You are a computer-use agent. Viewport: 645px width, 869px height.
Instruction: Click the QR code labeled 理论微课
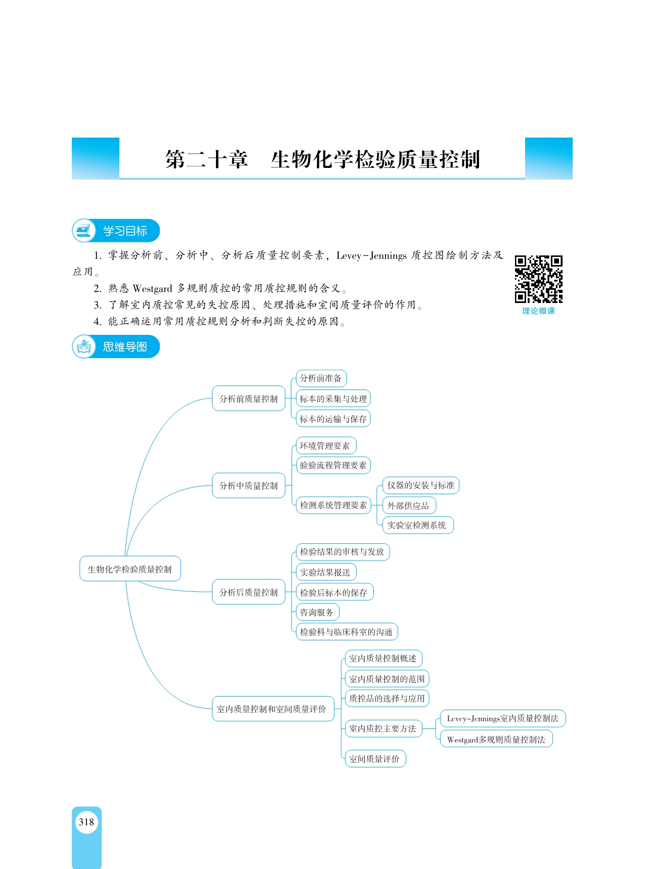click(538, 279)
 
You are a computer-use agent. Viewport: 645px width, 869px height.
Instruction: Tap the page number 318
click(87, 822)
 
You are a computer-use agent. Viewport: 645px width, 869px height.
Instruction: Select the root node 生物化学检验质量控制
click(130, 569)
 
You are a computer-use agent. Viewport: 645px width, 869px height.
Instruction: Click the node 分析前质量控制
click(248, 399)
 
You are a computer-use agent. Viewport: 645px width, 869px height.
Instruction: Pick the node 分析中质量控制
click(248, 486)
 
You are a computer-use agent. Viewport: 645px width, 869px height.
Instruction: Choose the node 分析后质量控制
click(248, 592)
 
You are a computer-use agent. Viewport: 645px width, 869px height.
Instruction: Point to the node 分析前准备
click(321, 378)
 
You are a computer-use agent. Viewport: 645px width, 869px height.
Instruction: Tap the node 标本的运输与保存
click(333, 419)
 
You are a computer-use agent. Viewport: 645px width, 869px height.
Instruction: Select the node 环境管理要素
click(326, 446)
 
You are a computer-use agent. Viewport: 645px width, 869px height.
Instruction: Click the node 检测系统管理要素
click(333, 505)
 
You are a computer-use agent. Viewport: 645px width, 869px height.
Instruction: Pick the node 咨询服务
click(317, 612)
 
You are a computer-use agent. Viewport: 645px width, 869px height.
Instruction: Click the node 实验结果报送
click(326, 572)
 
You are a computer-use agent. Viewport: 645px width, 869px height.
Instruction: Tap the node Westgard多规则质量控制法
click(496, 739)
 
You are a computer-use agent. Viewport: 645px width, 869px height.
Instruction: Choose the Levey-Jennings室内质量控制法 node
click(503, 718)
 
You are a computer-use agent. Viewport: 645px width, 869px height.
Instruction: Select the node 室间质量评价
click(375, 758)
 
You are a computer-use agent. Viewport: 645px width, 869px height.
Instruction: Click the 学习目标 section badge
click(116, 231)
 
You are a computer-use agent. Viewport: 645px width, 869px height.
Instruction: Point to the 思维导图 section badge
click(116, 346)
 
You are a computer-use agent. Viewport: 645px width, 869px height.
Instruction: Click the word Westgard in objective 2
click(152, 288)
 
